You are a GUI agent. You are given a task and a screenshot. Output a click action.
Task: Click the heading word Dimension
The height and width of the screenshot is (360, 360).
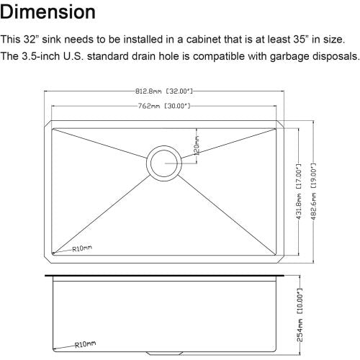click(58, 12)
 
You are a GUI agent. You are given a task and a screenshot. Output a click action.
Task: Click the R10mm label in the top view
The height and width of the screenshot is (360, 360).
click(81, 248)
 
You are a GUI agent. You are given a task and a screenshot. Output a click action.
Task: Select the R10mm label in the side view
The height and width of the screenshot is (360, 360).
click(85, 344)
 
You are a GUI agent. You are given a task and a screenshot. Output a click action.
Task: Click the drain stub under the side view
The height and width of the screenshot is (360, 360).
click(164, 350)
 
